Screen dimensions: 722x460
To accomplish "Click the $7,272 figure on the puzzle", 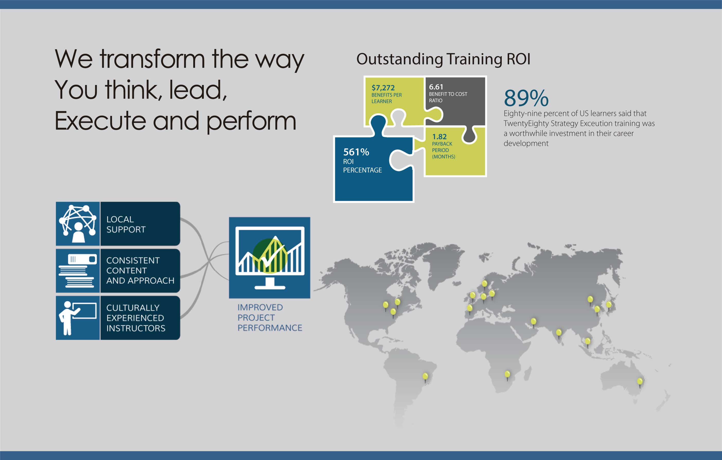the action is point(383,88).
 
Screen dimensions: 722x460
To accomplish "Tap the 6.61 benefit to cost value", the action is point(436,87).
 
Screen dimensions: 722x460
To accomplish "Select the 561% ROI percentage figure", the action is point(356,152).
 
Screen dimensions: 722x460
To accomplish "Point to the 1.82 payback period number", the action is point(439,137).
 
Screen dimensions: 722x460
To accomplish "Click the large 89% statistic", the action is point(526,98).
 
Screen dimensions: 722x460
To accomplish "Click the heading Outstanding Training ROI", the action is point(443,59).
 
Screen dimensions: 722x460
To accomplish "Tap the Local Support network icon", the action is point(78,224).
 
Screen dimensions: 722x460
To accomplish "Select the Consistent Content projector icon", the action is point(78,271).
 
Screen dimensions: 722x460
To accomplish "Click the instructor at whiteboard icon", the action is point(78,318).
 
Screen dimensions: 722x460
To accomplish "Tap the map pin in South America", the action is point(425,377).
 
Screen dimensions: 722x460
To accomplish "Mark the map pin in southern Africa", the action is point(507,375).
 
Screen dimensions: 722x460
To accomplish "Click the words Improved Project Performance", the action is point(270,318).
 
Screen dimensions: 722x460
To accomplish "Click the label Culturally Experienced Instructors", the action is point(136,318).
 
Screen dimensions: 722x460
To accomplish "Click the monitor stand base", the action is point(270,287).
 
